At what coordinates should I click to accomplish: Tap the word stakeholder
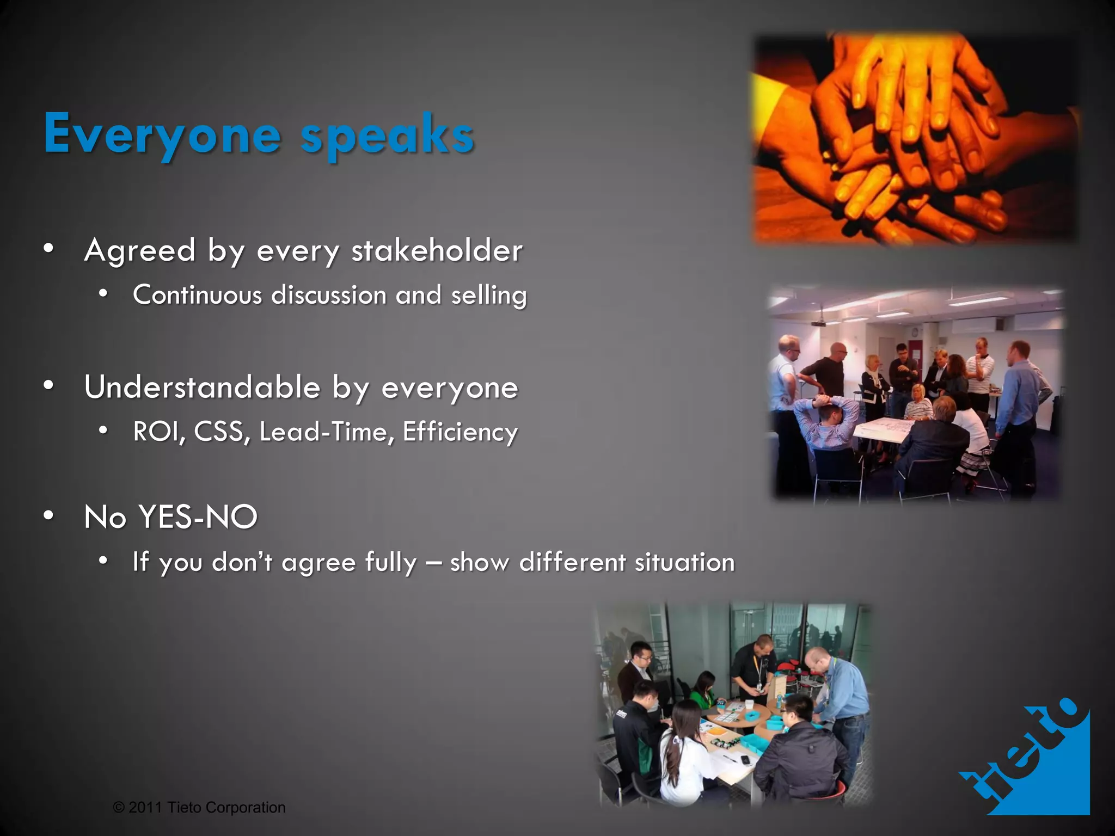pyautogui.click(x=437, y=251)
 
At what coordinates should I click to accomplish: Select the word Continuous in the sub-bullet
pyautogui.click(x=198, y=296)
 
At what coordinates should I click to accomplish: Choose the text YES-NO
pyautogui.click(x=198, y=517)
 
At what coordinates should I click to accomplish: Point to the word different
pyautogui.click(x=572, y=562)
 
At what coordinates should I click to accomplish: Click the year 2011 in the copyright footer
pyautogui.click(x=145, y=807)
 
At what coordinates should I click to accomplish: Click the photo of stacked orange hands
pyautogui.click(x=915, y=139)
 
